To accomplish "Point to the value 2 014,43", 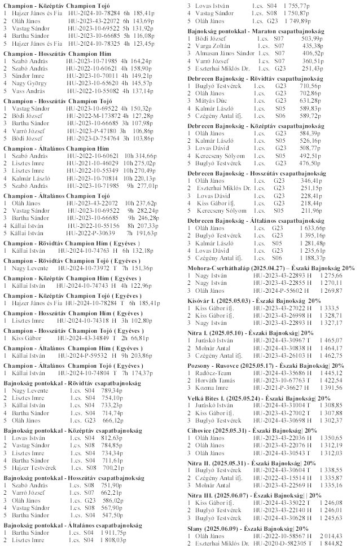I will point(331,536).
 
